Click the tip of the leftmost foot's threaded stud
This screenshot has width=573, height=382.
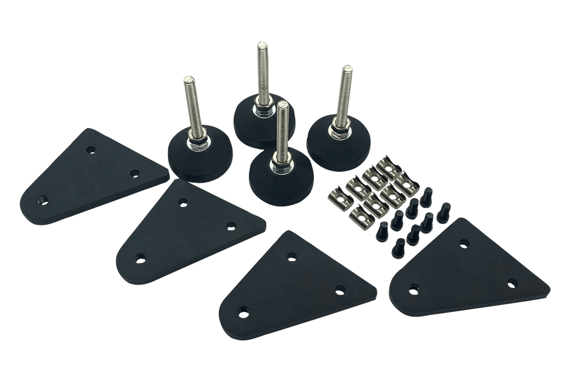(189, 79)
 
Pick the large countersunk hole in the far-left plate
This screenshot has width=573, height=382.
(42, 199)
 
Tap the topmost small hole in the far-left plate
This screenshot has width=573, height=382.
(91, 150)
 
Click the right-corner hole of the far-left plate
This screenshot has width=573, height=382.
(134, 173)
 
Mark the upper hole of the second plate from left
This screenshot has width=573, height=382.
(183, 202)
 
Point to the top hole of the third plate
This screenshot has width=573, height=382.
(292, 256)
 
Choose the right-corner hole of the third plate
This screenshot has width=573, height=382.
(341, 290)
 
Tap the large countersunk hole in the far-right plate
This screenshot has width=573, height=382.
(414, 291)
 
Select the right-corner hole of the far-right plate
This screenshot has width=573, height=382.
(511, 283)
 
